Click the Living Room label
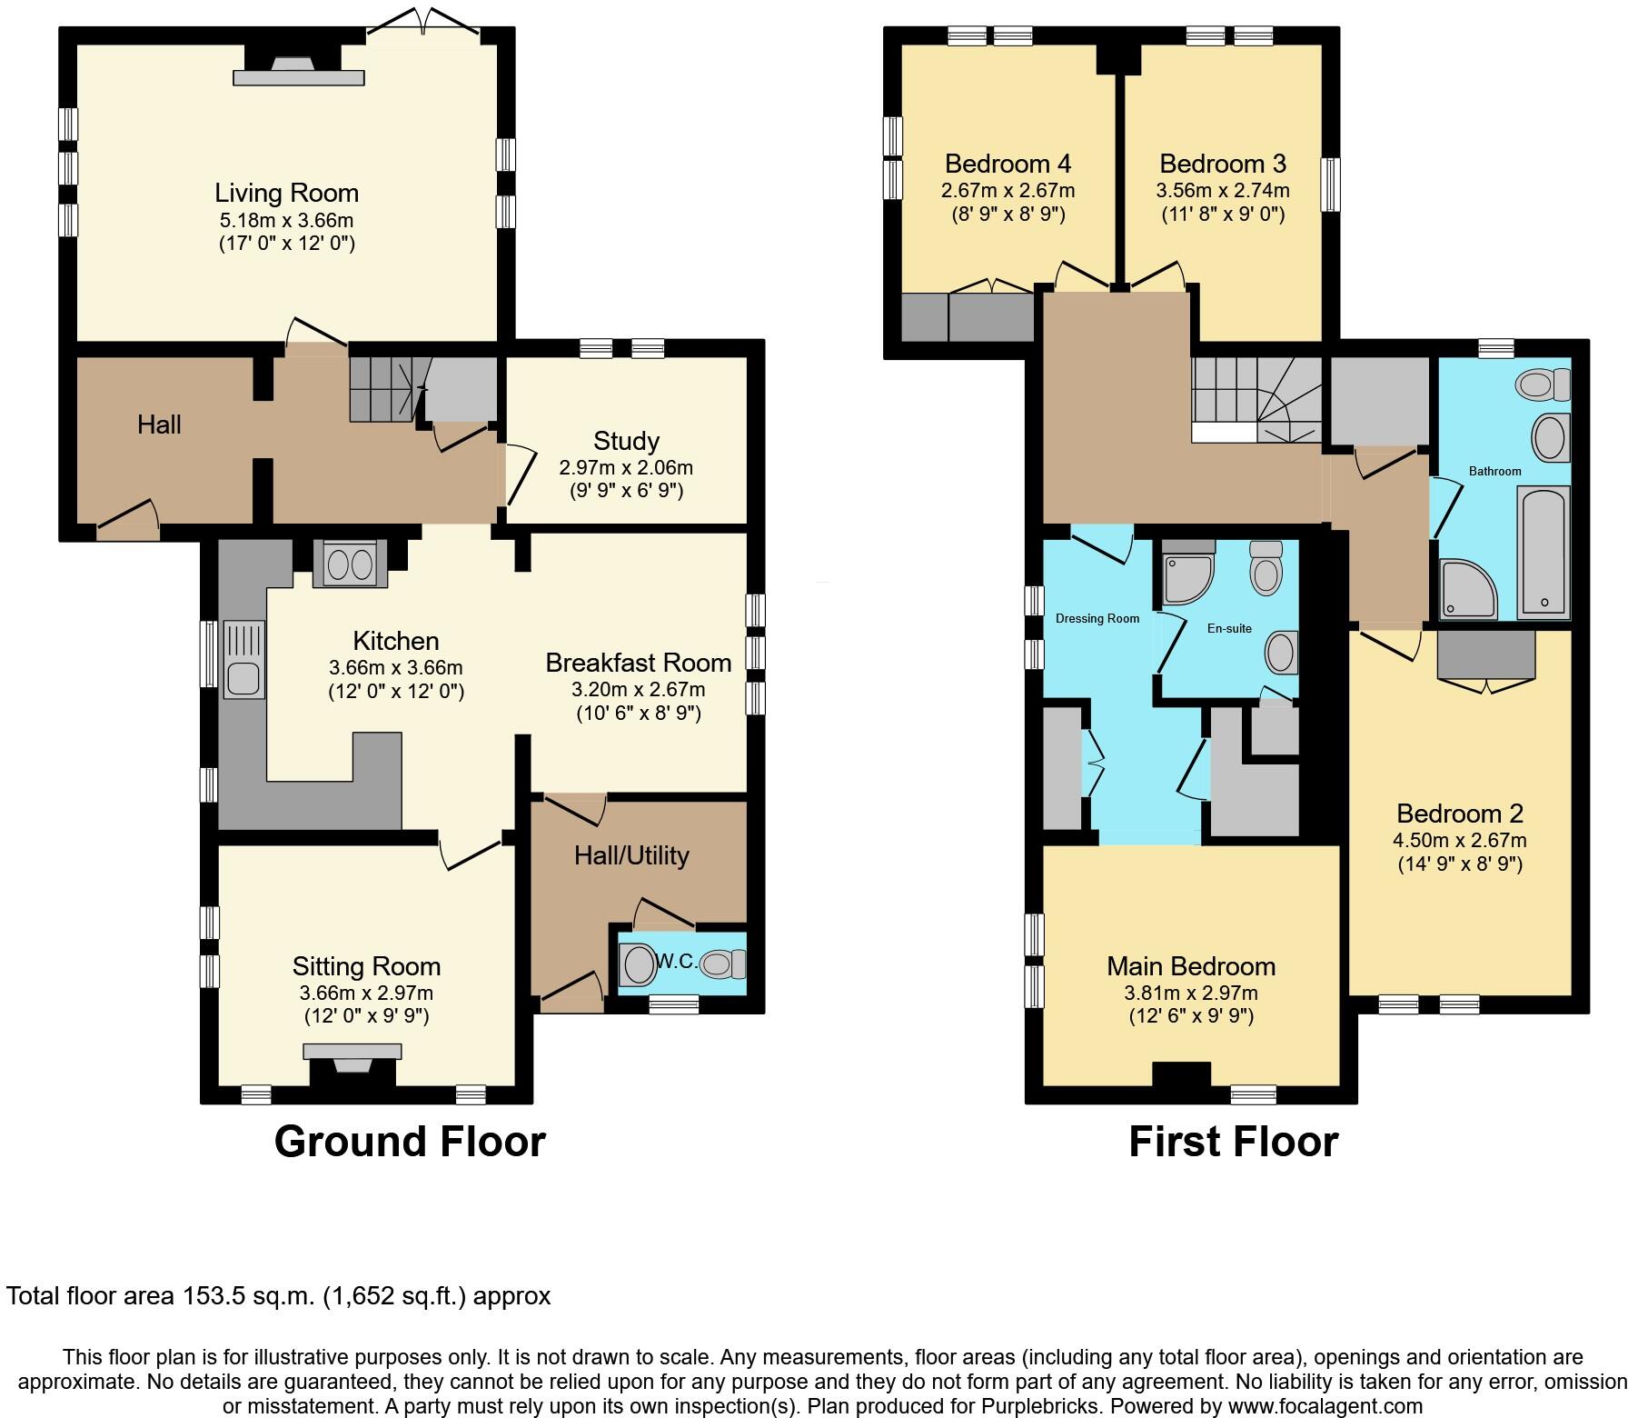coord(286,193)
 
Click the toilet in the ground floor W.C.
coord(724,964)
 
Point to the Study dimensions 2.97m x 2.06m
coord(625,467)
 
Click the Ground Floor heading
coord(410,1142)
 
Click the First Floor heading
coord(1233,1142)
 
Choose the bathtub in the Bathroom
coord(1543,552)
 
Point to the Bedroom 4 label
coord(1008,164)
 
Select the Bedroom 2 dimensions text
coord(1459,852)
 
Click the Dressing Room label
coord(1097,619)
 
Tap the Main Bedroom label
coord(1190,965)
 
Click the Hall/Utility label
coord(631,855)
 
